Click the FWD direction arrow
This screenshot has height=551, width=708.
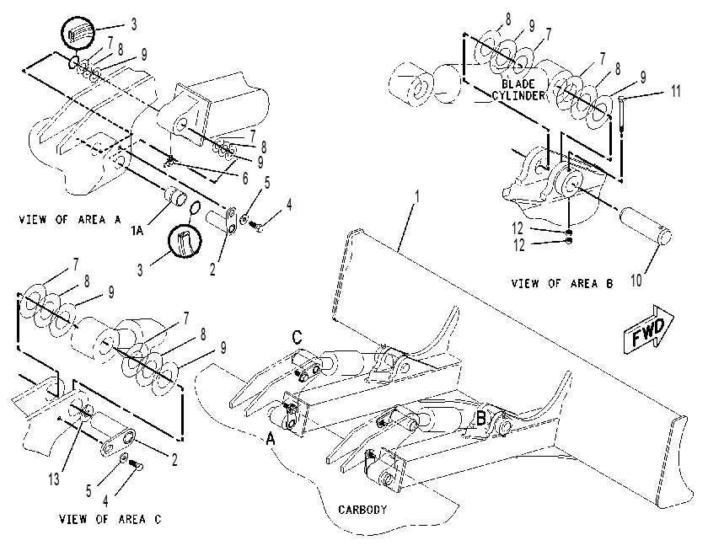pos(648,329)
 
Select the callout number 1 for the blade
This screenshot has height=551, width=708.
pos(417,197)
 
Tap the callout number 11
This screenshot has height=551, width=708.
pos(675,91)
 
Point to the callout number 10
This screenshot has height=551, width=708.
pos(636,281)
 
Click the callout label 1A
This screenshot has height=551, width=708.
pos(137,231)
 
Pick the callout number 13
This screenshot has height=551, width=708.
pos(54,479)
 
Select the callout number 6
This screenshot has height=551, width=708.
pos(244,179)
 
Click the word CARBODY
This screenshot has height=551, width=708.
pos(362,510)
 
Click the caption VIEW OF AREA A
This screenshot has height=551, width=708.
pos(70,220)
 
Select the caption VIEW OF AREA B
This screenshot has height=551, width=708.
pos(562,283)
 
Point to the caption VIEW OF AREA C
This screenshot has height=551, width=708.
pos(110,519)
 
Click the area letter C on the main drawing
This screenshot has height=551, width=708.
pos(297,337)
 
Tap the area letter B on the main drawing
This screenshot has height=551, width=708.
pos(481,419)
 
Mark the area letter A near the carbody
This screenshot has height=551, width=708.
pos(270,438)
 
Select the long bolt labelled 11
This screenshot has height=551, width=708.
pos(622,115)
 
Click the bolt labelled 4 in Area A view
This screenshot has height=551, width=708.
pos(255,225)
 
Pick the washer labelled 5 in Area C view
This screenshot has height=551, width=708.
pos(123,458)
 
